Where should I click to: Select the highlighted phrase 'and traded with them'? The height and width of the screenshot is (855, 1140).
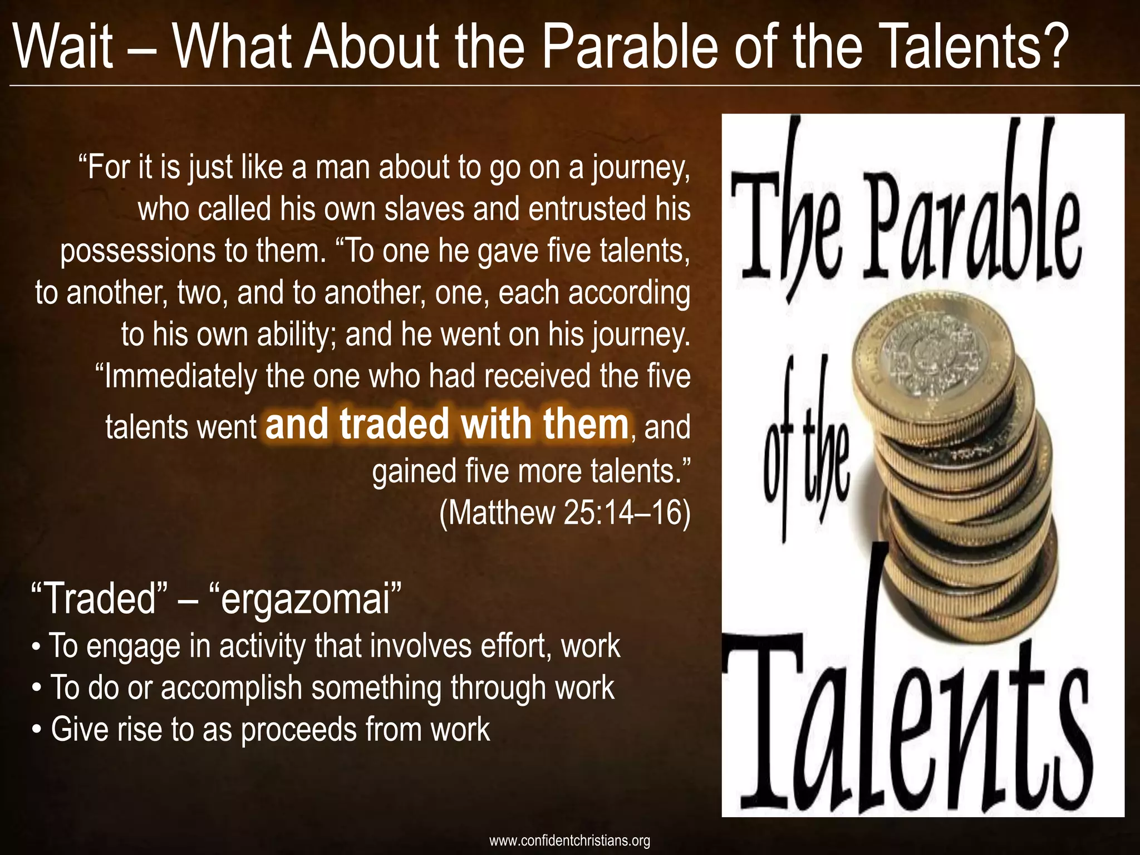[447, 425]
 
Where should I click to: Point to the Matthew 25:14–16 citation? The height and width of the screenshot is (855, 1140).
[564, 512]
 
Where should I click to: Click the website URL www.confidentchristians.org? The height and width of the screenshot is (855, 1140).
[569, 840]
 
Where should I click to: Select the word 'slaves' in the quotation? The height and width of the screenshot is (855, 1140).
[425, 209]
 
